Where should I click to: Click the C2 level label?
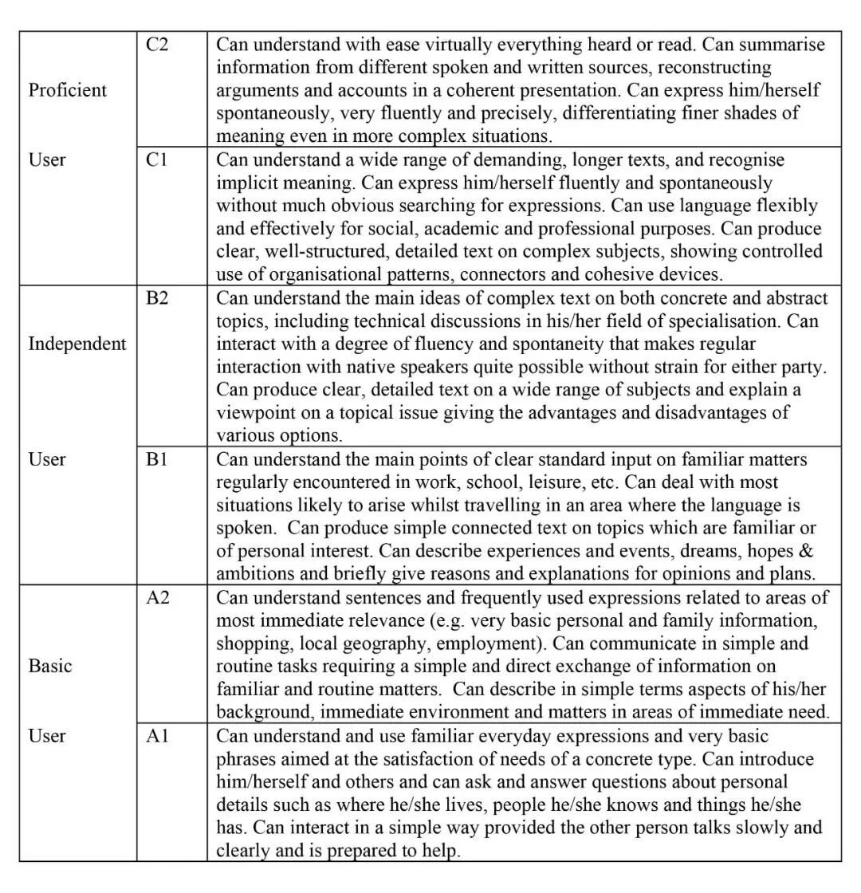pos(156,44)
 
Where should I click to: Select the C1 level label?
pos(156,159)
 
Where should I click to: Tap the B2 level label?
pos(157,298)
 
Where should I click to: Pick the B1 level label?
pos(156,459)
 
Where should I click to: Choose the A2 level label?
pos(157,597)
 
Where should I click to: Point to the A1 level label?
pos(156,736)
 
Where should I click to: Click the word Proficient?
pos(68,90)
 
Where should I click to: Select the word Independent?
pos(77,344)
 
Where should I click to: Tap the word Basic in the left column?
pos(50,666)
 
